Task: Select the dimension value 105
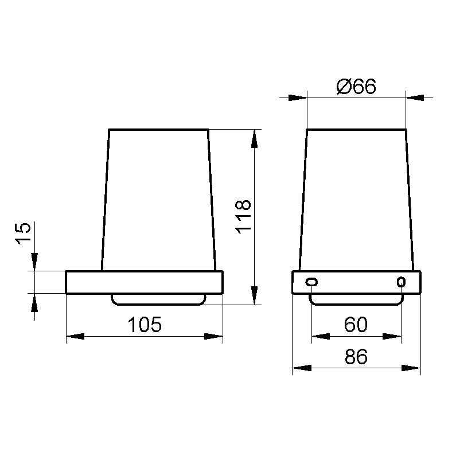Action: point(145,325)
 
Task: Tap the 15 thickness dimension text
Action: point(23,234)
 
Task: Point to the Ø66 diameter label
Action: point(356,86)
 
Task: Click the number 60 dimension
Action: point(356,324)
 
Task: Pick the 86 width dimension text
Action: point(356,356)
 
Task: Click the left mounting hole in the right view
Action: point(311,282)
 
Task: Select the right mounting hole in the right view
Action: point(401,282)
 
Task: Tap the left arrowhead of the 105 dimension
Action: point(76,336)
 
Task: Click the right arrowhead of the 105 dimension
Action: point(213,336)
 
